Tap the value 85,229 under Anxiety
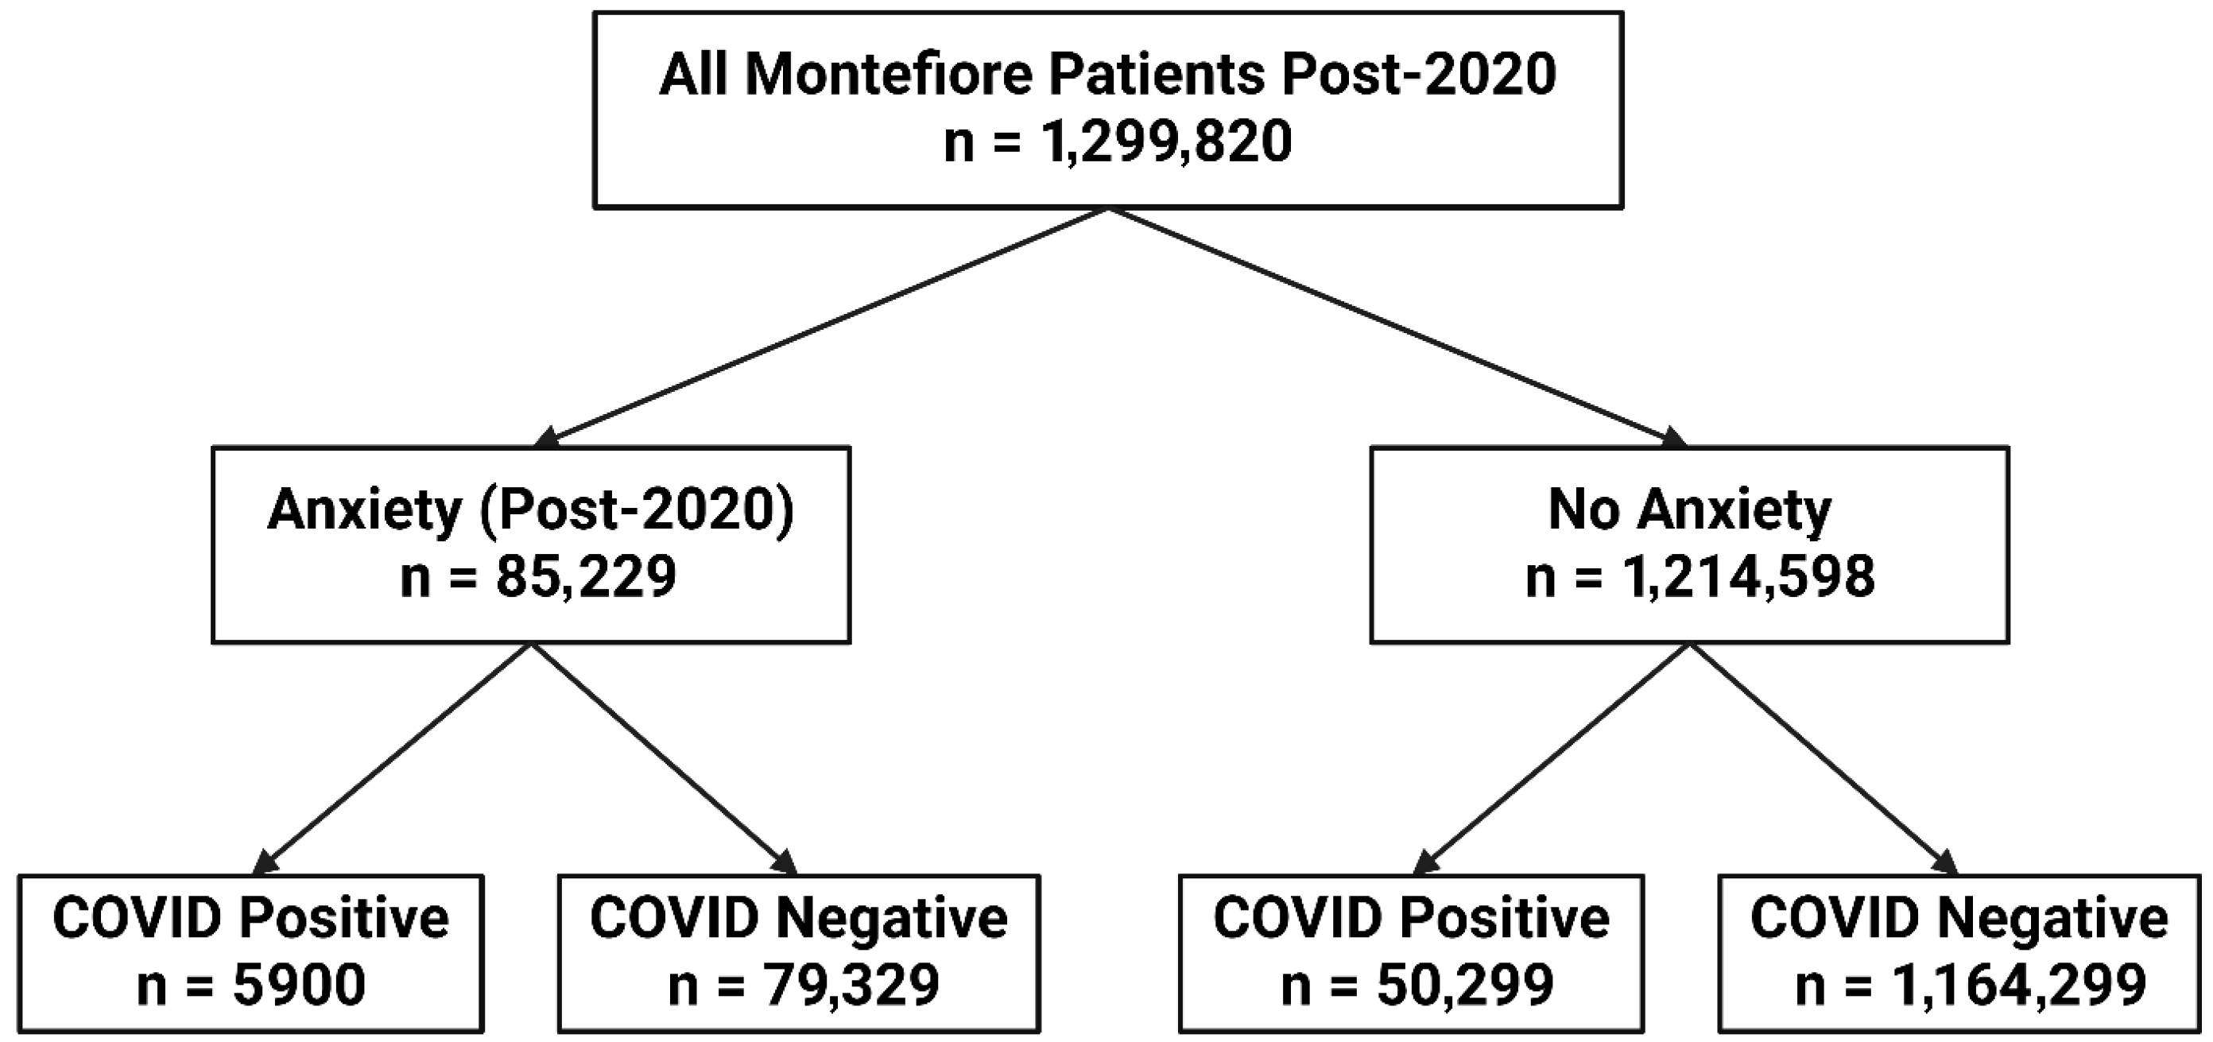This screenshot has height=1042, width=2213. click(585, 576)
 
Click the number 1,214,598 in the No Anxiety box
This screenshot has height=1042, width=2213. click(1748, 576)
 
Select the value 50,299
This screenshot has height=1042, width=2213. click(1466, 986)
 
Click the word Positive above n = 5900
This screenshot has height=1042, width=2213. click(343, 918)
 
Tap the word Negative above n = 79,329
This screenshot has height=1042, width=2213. click(891, 918)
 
